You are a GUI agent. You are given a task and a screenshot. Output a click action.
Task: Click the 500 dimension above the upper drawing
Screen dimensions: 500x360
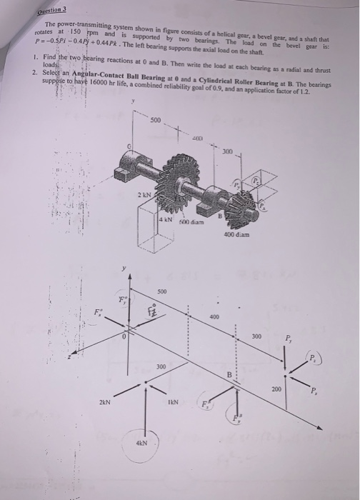[156, 119]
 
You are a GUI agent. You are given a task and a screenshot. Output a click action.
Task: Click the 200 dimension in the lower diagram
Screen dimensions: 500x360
[277, 389]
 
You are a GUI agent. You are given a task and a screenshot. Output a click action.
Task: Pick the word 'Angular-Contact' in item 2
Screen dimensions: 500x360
[92, 74]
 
